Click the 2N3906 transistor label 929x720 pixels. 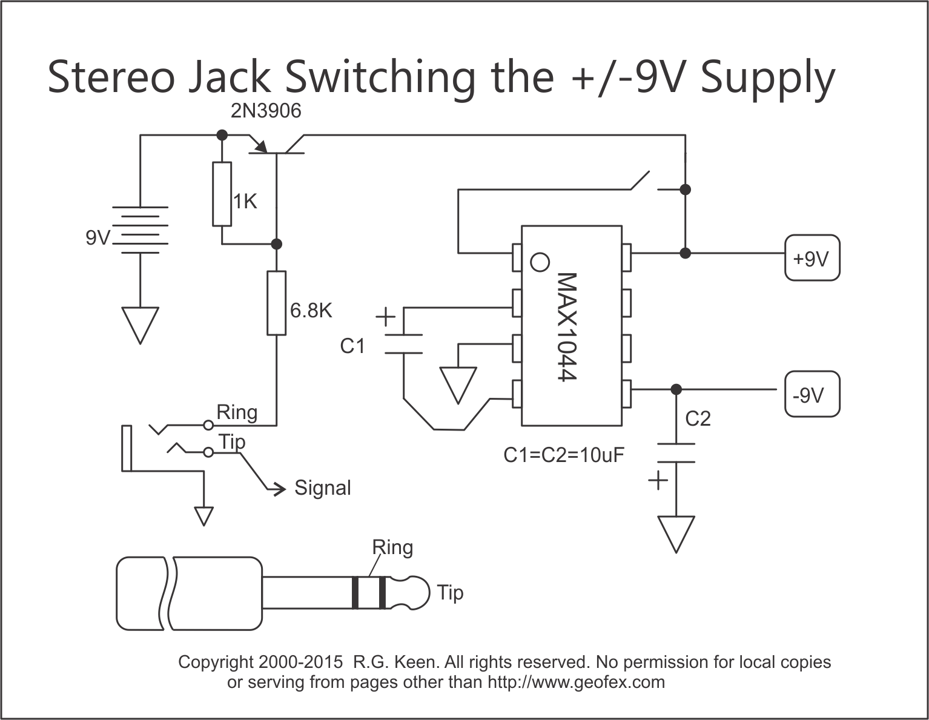tap(266, 111)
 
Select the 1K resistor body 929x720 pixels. tap(222, 194)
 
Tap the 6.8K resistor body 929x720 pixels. tap(277, 303)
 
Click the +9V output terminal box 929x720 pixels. tap(812, 257)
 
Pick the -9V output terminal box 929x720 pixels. tap(812, 394)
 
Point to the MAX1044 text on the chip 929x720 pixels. tap(567, 327)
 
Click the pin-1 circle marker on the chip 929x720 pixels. tap(540, 262)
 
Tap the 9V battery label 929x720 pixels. tap(98, 237)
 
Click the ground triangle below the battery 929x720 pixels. tap(141, 325)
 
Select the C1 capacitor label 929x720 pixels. tap(352, 346)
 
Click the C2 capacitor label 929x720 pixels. tap(698, 419)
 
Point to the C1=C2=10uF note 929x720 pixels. tap(564, 455)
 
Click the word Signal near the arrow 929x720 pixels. tap(323, 488)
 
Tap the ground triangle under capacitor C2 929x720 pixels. tap(676, 535)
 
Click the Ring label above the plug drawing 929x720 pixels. tap(392, 548)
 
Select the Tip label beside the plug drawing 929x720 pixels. tap(450, 593)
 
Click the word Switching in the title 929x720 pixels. tap(380, 78)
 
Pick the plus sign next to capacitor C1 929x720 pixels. tap(386, 317)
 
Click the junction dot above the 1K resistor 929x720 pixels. tap(222, 135)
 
